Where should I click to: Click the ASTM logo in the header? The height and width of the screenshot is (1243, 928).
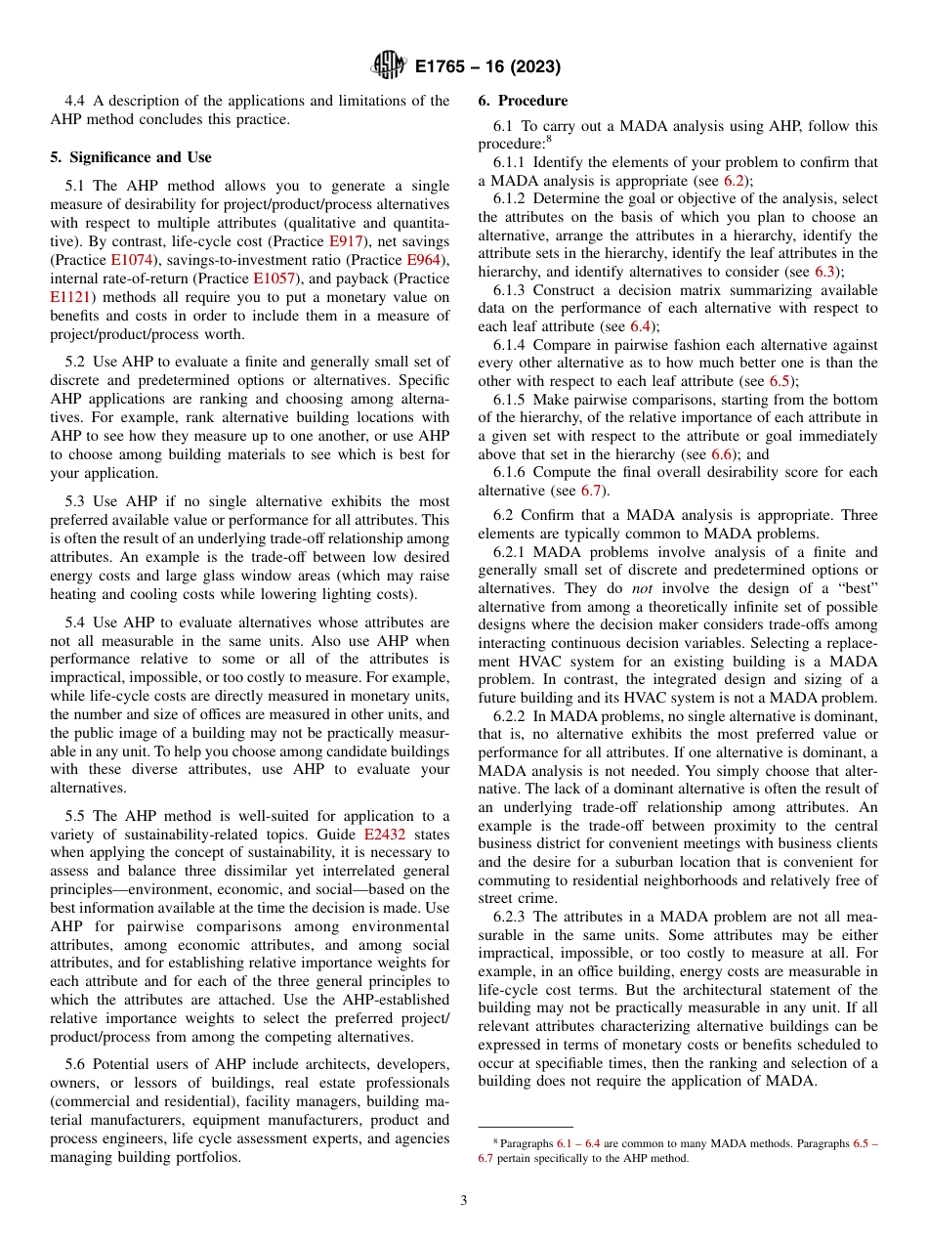(x=389, y=66)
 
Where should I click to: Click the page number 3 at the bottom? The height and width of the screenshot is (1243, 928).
(x=464, y=1201)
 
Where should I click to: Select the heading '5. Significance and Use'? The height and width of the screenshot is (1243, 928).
(x=131, y=157)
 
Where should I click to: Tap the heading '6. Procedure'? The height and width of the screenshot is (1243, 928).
(x=523, y=101)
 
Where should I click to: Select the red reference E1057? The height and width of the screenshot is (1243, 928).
(x=272, y=278)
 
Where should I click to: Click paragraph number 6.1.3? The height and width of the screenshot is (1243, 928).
(x=510, y=290)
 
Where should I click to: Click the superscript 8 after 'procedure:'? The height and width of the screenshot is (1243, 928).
(x=550, y=139)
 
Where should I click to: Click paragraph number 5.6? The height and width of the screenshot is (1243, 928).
(x=77, y=1064)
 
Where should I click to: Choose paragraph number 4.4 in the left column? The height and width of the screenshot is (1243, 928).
(x=77, y=101)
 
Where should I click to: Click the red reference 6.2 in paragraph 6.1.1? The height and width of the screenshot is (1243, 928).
(x=734, y=181)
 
